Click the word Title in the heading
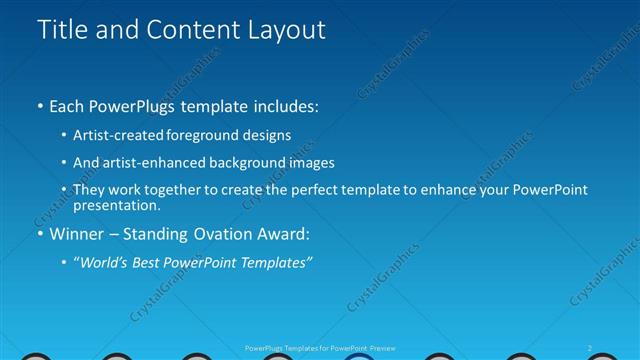59,30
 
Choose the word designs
269,135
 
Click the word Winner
79,234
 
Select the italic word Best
151,262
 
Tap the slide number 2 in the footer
590,346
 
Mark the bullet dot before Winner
39,234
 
